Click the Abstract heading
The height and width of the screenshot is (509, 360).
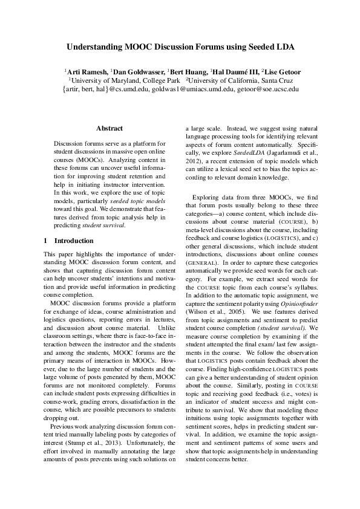(x=110, y=128)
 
